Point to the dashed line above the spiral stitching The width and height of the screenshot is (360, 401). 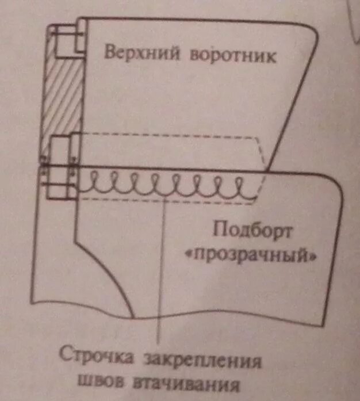tap(173, 135)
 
